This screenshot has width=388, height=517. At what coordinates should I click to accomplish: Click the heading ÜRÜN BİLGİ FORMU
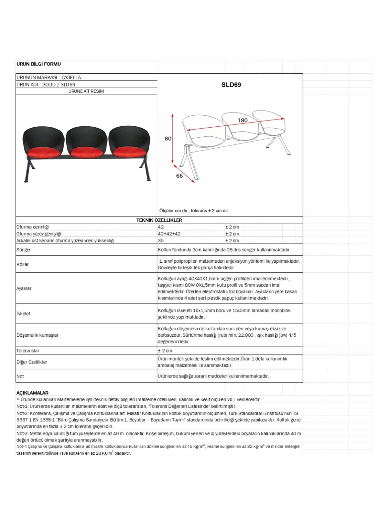[x=38, y=64]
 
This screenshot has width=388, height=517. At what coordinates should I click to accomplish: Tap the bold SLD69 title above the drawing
[x=231, y=85]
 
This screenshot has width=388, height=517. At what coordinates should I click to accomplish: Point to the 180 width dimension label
[x=242, y=120]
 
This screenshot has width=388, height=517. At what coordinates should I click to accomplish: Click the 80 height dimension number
[x=168, y=138]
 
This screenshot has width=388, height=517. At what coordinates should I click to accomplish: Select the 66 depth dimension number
[x=179, y=176]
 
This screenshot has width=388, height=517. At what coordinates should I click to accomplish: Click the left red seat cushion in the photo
[x=43, y=151]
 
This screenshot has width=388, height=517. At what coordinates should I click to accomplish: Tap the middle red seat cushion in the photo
[x=86, y=151]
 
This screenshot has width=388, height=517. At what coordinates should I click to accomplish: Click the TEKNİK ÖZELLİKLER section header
[x=159, y=220]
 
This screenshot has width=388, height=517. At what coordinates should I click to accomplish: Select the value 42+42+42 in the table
[x=169, y=234]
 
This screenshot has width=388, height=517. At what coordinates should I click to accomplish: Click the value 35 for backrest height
[x=161, y=240]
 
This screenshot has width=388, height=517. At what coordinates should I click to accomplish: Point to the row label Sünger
[x=24, y=250]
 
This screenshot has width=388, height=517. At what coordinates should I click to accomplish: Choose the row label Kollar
[x=23, y=264]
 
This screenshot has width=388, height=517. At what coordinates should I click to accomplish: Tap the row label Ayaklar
[x=24, y=288]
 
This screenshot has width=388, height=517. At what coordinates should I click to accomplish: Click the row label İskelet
[x=24, y=313]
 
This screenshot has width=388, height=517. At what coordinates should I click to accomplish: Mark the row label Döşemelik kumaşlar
[x=38, y=335]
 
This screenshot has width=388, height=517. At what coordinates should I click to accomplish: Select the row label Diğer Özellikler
[x=32, y=362]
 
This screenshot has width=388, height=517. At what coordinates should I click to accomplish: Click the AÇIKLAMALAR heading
[x=32, y=393]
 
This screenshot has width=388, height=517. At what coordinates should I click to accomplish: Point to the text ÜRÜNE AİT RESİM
[x=86, y=91]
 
